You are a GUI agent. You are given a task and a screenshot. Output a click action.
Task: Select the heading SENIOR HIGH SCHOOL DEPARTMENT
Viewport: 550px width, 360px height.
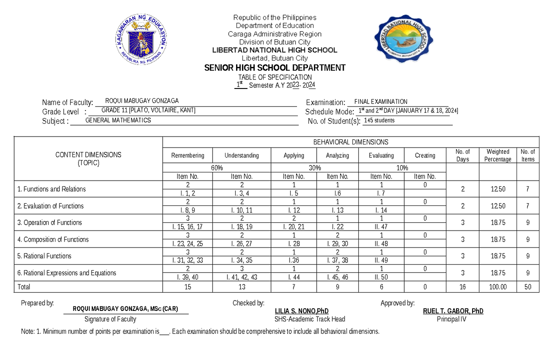[275, 68]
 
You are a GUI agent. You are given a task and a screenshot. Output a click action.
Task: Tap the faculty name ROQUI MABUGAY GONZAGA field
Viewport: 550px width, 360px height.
[142, 101]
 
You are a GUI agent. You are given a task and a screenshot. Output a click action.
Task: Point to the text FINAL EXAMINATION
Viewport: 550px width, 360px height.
[378, 102]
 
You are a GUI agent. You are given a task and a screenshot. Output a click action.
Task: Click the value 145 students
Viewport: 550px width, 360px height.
[379, 121]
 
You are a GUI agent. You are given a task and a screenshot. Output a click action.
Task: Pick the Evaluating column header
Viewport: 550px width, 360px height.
[381, 155]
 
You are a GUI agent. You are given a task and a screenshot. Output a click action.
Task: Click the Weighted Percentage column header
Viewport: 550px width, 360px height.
[498, 155]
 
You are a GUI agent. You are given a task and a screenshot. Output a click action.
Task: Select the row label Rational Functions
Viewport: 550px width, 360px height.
[44, 256]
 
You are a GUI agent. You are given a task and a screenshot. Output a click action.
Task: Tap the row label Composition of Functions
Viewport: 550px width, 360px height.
[53, 239]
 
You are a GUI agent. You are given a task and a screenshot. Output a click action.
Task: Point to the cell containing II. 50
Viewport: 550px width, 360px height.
[381, 277]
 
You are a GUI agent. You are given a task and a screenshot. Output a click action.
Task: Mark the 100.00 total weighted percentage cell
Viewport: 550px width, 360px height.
[498, 287]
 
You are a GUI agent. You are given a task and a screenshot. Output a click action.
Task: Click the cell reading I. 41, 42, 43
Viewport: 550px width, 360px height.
[242, 277]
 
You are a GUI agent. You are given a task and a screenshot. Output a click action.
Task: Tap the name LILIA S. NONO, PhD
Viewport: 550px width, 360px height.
[301, 311]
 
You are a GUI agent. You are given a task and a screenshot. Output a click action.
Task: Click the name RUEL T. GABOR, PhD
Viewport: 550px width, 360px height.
[453, 311]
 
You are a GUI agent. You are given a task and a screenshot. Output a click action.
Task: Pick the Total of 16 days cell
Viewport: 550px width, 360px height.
[462, 287]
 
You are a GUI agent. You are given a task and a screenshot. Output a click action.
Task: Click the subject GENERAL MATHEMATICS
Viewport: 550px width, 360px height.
[118, 121]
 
